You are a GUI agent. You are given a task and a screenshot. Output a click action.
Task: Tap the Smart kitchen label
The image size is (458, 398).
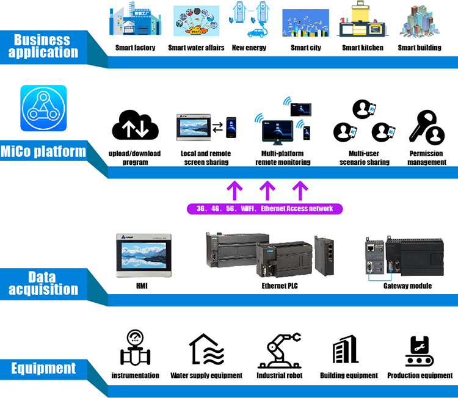(x=363, y=48)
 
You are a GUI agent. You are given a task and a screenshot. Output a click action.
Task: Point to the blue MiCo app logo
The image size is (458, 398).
(x=43, y=108)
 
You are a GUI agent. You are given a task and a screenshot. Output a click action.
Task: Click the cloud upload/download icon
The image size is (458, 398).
(x=135, y=126)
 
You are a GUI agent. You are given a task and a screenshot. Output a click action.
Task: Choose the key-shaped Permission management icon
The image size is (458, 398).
(x=426, y=127)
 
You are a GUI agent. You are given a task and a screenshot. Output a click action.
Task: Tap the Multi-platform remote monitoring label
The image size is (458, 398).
(x=283, y=157)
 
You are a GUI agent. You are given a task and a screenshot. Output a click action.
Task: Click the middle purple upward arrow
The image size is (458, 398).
(x=266, y=190)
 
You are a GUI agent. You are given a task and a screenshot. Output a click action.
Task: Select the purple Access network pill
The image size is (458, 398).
(x=264, y=209)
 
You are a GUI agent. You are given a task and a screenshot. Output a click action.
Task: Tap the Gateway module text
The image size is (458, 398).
(x=407, y=285)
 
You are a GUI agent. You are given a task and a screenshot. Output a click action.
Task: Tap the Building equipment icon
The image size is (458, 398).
(x=346, y=350)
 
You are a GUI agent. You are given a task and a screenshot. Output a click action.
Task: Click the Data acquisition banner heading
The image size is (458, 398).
(x=43, y=283)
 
